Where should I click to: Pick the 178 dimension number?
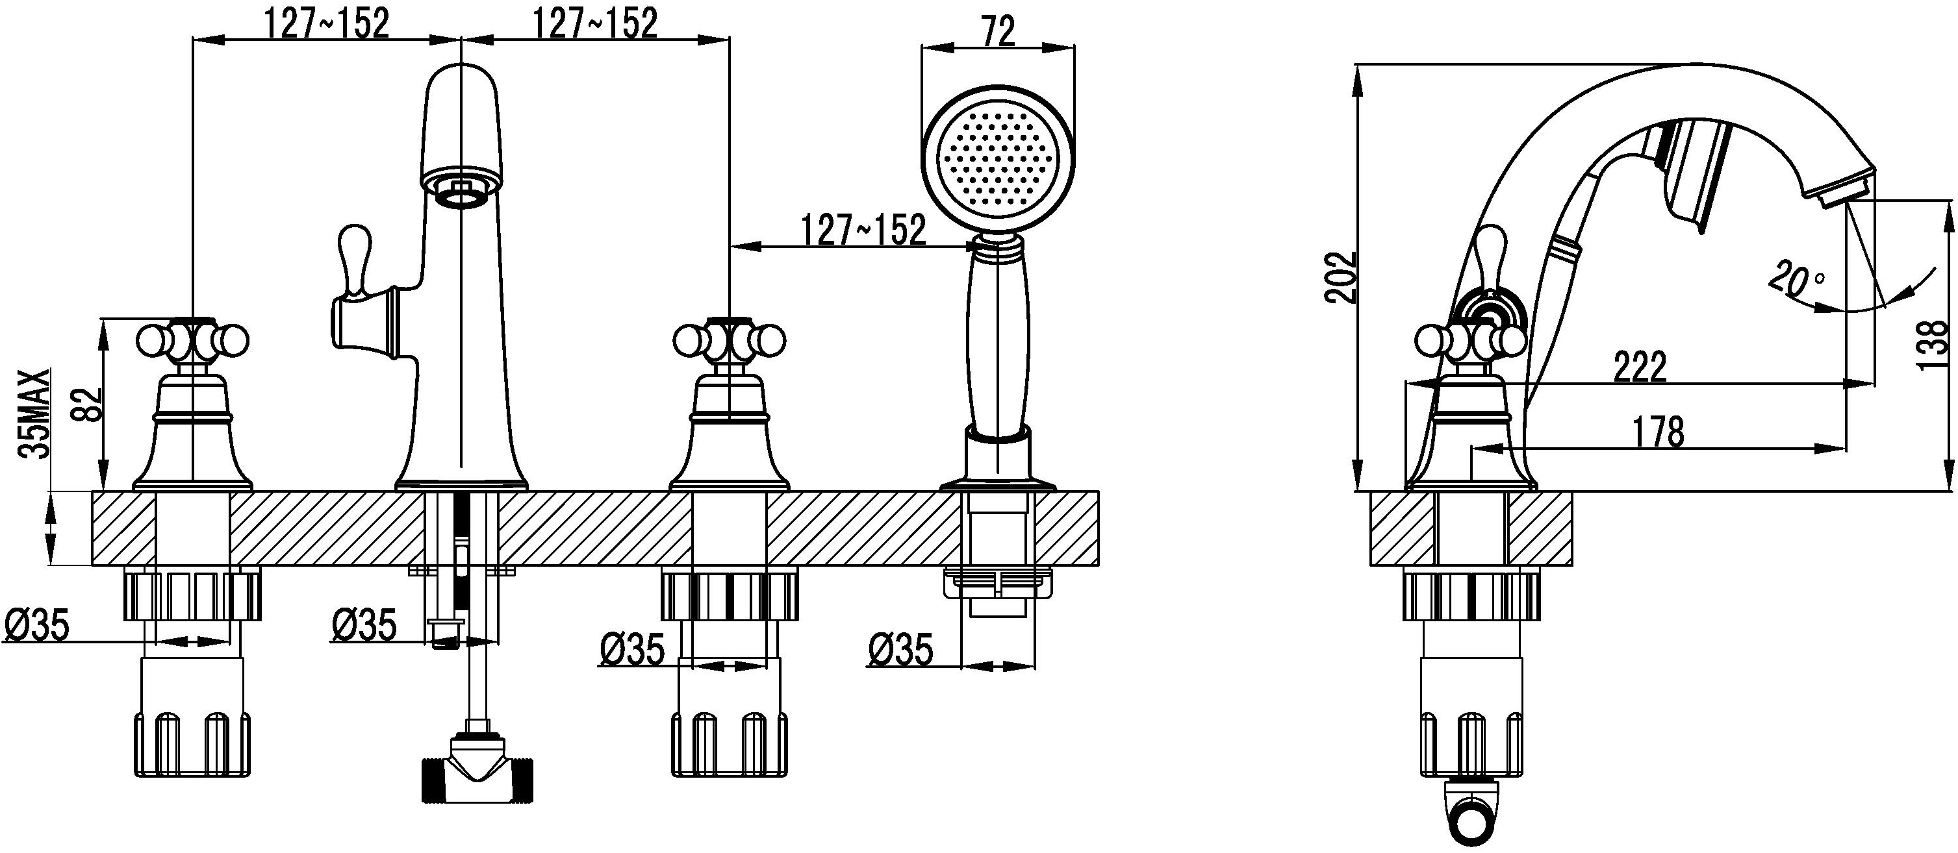[x=1659, y=433]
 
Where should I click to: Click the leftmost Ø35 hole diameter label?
[x=37, y=626]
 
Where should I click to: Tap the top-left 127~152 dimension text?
[x=327, y=24]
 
